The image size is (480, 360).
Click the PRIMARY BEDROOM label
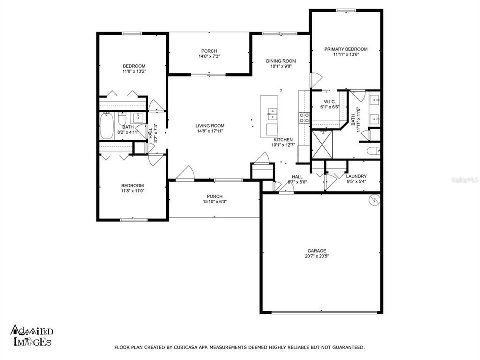click(346, 49)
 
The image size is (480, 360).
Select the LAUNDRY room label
click(356, 176)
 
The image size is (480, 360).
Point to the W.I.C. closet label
click(329, 101)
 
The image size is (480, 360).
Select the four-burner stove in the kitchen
click(304, 117)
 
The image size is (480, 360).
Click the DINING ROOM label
click(281, 61)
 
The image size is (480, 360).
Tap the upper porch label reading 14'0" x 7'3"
click(209, 57)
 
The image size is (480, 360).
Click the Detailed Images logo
click(32, 336)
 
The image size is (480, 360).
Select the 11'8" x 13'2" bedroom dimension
click(134, 72)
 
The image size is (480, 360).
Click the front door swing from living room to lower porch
click(185, 172)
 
